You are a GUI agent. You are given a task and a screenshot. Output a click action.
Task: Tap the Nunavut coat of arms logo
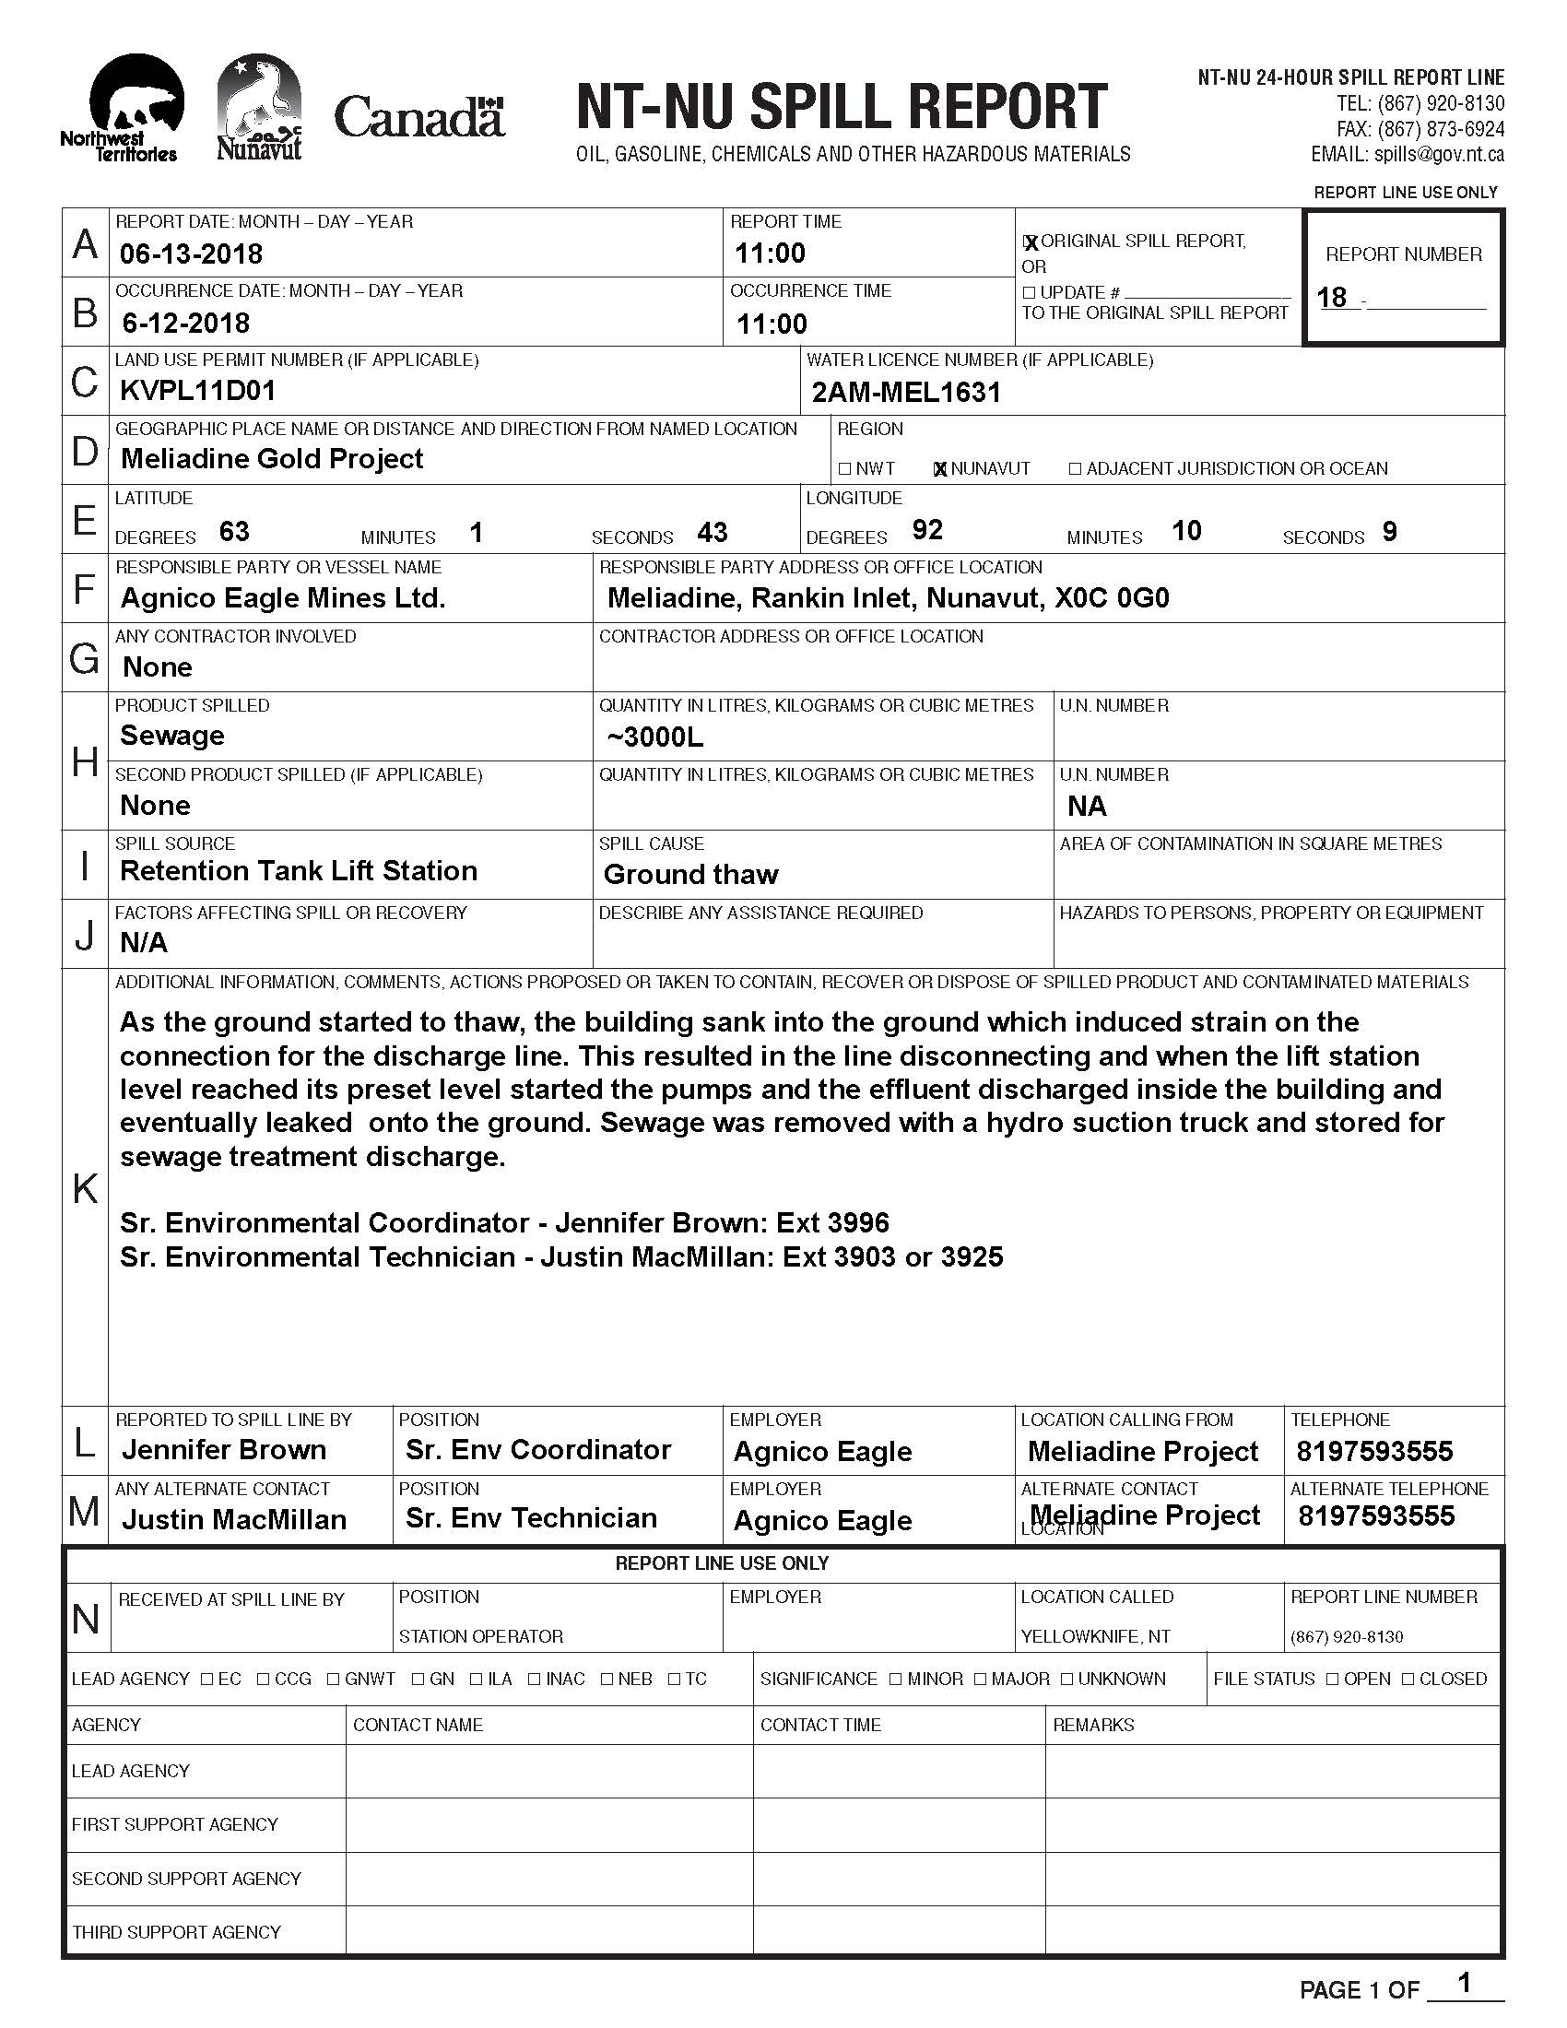coord(259,107)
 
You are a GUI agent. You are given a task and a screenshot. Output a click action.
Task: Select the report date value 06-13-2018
coord(191,253)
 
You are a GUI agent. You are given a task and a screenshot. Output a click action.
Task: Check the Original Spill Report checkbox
coord(1030,242)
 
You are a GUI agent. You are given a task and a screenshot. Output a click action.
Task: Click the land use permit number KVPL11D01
coord(198,390)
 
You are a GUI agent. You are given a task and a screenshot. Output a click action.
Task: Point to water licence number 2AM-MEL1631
coord(906,393)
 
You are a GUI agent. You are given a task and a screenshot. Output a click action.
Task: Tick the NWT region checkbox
coord(844,469)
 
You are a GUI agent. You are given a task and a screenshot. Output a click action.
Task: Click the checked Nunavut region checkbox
coord(940,469)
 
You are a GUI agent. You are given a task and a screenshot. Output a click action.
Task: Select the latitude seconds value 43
coord(712,532)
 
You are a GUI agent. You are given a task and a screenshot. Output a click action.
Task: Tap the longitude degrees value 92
coord(927,530)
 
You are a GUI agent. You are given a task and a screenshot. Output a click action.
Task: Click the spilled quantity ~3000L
coord(654,737)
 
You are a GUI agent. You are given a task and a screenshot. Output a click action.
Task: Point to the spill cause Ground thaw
coord(690,874)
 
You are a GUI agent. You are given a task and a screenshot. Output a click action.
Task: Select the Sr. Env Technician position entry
coord(531,1517)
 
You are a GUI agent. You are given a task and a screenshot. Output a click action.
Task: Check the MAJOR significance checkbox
coord(982,1679)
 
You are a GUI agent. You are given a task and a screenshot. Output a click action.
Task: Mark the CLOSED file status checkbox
coord(1408,1679)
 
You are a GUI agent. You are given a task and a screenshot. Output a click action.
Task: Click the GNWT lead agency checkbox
coord(335,1679)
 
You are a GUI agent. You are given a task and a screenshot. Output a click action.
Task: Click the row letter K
coord(85,1187)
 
